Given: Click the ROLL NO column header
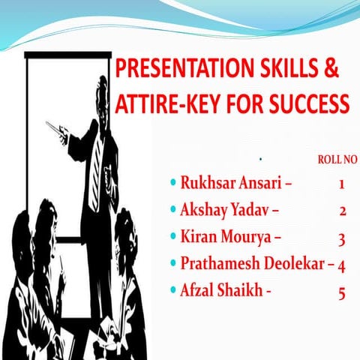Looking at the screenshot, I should click(332, 159).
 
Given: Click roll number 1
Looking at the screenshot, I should click(341, 183).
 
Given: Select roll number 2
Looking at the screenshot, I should click(342, 211).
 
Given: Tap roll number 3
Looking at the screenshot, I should click(341, 238).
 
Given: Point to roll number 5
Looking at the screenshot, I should click(342, 293).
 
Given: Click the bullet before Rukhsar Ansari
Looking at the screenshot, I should click(173, 182).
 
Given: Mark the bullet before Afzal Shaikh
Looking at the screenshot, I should click(173, 292).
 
